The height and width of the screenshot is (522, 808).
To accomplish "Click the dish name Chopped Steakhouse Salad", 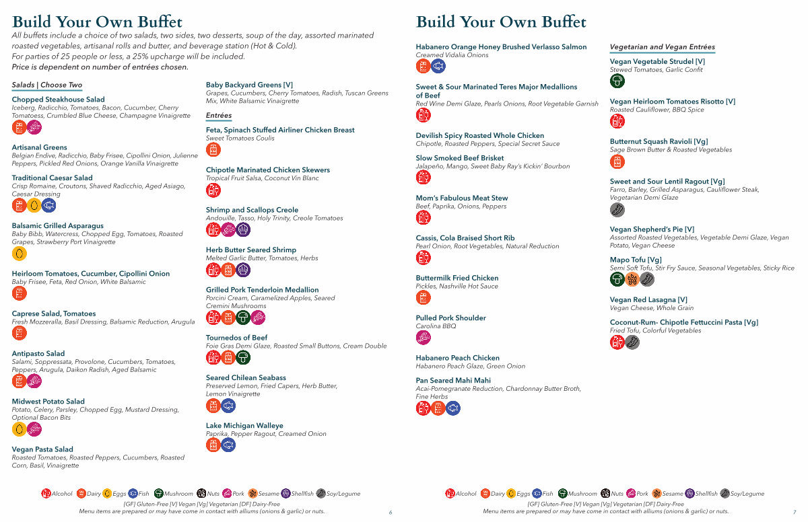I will click(59, 100).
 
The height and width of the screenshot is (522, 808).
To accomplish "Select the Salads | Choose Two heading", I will click(47, 85).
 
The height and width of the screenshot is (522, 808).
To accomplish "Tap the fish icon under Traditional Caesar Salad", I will click(49, 205).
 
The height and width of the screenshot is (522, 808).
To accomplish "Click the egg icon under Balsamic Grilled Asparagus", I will click(20, 254).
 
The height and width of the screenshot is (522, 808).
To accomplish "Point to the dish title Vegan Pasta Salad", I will click(42, 449).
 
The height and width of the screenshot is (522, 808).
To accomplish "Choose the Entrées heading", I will click(219, 116).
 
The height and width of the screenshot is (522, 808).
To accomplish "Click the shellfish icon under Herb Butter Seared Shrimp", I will click(243, 270).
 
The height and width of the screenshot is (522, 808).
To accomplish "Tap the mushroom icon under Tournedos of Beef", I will click(243, 357).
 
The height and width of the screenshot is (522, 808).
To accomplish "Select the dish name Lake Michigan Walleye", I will click(244, 426).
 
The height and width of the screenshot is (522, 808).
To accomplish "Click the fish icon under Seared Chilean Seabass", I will click(228, 406).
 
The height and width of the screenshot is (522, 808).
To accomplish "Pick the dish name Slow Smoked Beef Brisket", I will click(460, 159).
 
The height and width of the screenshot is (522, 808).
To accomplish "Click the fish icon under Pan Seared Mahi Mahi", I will click(453, 408).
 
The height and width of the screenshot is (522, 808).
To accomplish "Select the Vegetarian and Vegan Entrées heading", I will click(662, 47).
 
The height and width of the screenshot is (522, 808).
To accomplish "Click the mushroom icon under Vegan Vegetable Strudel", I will click(617, 81).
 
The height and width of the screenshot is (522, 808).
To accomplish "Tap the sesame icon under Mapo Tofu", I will click(632, 279).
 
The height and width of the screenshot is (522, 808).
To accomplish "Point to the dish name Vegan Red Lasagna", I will click(648, 300).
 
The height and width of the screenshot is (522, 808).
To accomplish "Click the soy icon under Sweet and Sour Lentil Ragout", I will click(617, 209).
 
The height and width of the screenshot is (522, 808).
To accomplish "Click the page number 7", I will click(795, 512).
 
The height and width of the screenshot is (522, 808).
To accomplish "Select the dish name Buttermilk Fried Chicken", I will click(457, 278).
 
